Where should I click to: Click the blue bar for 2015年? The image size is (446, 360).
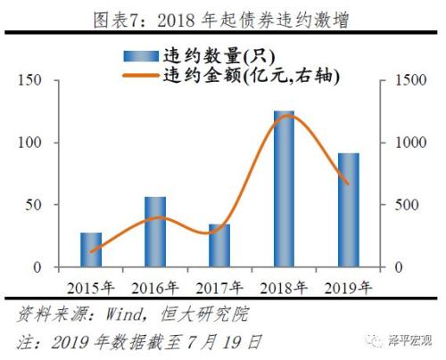point(90,250)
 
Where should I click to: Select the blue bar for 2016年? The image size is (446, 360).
point(155,232)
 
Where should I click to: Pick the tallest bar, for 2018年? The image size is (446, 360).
point(285,189)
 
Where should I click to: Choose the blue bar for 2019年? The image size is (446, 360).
point(349,210)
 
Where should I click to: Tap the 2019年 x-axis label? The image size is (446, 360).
point(349,286)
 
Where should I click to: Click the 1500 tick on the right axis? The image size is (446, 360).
point(402,81)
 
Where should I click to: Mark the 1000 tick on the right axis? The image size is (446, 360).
point(402,143)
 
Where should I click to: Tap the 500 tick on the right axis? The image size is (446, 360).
point(399,206)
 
